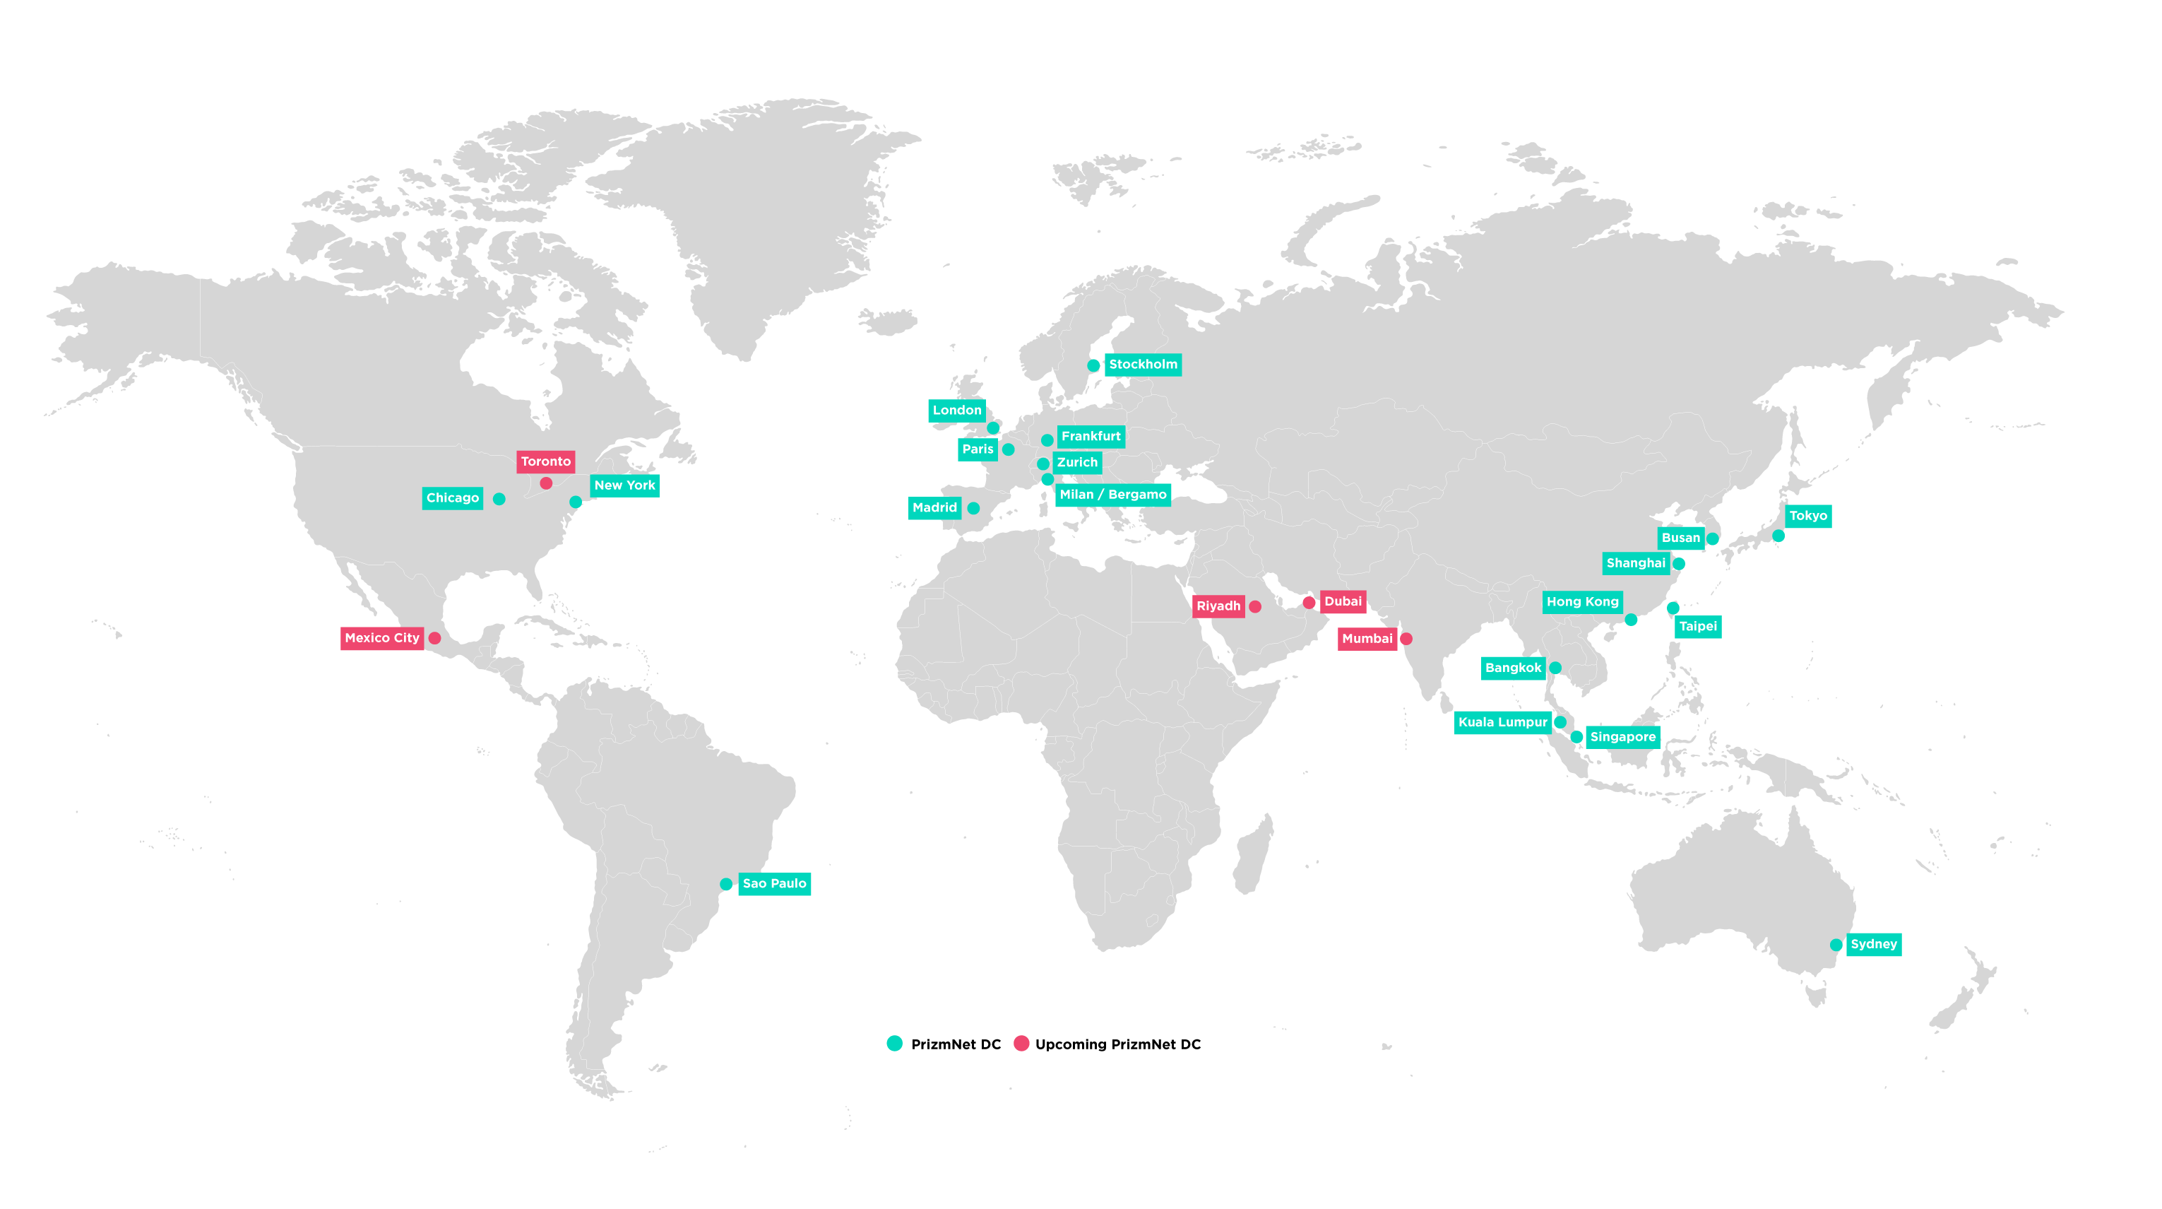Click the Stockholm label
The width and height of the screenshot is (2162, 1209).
1142,365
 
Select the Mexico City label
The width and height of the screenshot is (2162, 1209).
382,638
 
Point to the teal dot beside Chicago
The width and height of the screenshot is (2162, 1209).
499,499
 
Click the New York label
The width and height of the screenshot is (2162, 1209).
624,485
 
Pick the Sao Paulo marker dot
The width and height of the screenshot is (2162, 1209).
726,884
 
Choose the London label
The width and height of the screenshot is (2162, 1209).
957,411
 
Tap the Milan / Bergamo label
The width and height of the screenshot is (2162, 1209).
1113,495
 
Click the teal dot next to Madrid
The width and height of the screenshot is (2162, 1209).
973,508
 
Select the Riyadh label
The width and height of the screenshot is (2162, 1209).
1218,606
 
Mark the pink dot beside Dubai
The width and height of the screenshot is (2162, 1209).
1309,603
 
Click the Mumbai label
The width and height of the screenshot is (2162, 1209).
1367,639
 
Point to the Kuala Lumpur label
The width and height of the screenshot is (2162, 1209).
1502,722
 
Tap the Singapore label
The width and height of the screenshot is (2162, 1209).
1622,737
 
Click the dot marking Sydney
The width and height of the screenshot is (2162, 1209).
1836,945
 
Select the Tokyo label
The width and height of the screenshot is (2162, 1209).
1808,517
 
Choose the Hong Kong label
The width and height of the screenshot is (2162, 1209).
1582,602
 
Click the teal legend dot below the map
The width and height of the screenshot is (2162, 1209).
895,1043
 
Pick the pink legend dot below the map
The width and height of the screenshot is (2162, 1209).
1021,1043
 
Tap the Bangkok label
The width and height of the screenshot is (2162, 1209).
1513,668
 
